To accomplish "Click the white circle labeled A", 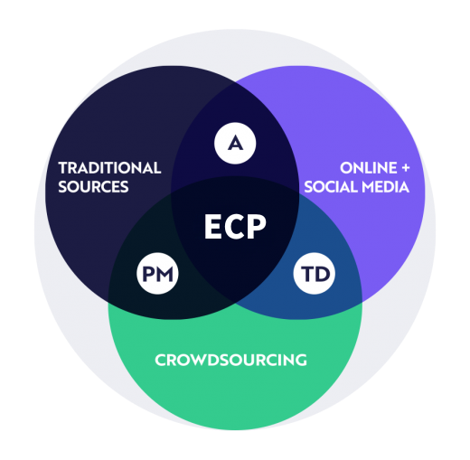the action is pos(235,144).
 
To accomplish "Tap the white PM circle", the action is pos(157,274).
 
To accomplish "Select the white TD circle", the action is pos(315,274).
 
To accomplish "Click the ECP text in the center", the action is pos(235,227).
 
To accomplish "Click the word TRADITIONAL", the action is pos(109,168).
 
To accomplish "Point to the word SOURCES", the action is pos(93,187).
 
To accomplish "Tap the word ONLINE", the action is pos(369,168).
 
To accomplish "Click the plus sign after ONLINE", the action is pos(406,168).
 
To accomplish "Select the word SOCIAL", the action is pos(331,187).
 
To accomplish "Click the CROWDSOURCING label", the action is pos(230,360).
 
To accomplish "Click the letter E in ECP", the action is pos(212,227).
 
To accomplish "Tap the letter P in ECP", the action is pos(257,227).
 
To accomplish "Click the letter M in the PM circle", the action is pos(164,274).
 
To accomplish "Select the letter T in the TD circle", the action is pos(306,274).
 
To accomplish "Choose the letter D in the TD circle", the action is pos(320,274).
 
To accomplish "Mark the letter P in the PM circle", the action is pos(148,274).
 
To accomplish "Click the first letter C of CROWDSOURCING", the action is pos(161,360).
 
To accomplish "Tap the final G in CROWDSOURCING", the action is pos(300,360).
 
